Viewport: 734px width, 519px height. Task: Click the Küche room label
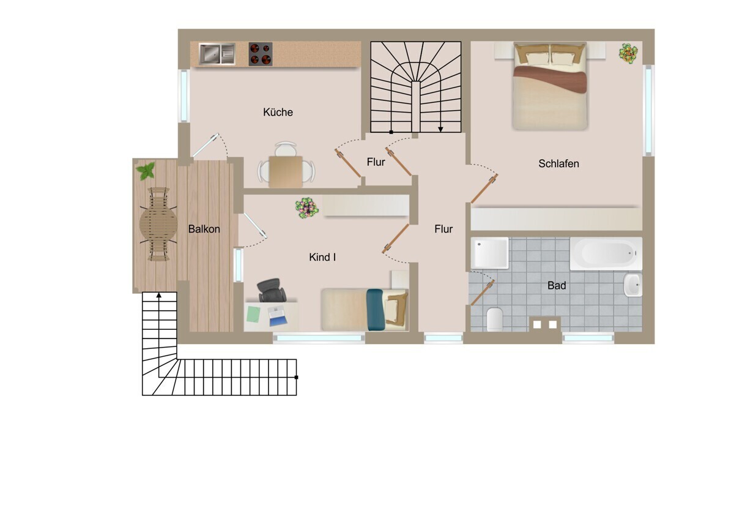(278, 112)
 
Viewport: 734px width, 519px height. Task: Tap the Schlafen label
(558, 163)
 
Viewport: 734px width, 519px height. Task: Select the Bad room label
(557, 286)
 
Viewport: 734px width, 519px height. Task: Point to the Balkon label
(204, 229)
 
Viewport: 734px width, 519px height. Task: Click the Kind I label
(322, 258)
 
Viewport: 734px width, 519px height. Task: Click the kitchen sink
(217, 54)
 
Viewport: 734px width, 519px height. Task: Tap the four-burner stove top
(261, 54)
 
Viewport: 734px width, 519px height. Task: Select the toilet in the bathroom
(495, 319)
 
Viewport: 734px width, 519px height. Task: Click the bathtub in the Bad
(606, 254)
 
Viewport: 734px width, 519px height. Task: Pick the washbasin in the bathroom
(632, 285)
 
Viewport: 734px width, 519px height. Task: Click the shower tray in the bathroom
(489, 253)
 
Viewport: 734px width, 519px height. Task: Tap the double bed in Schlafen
(550, 86)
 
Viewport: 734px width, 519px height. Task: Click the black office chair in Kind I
(272, 290)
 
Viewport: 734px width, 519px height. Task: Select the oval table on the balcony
(158, 224)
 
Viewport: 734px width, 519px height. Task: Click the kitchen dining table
(286, 172)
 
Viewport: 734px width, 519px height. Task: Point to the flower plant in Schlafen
(628, 53)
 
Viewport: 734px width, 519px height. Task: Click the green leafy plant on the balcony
(146, 171)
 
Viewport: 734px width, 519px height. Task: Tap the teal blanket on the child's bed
(375, 310)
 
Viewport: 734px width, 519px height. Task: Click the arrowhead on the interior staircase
(441, 130)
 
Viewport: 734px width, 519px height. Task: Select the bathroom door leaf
(482, 293)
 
